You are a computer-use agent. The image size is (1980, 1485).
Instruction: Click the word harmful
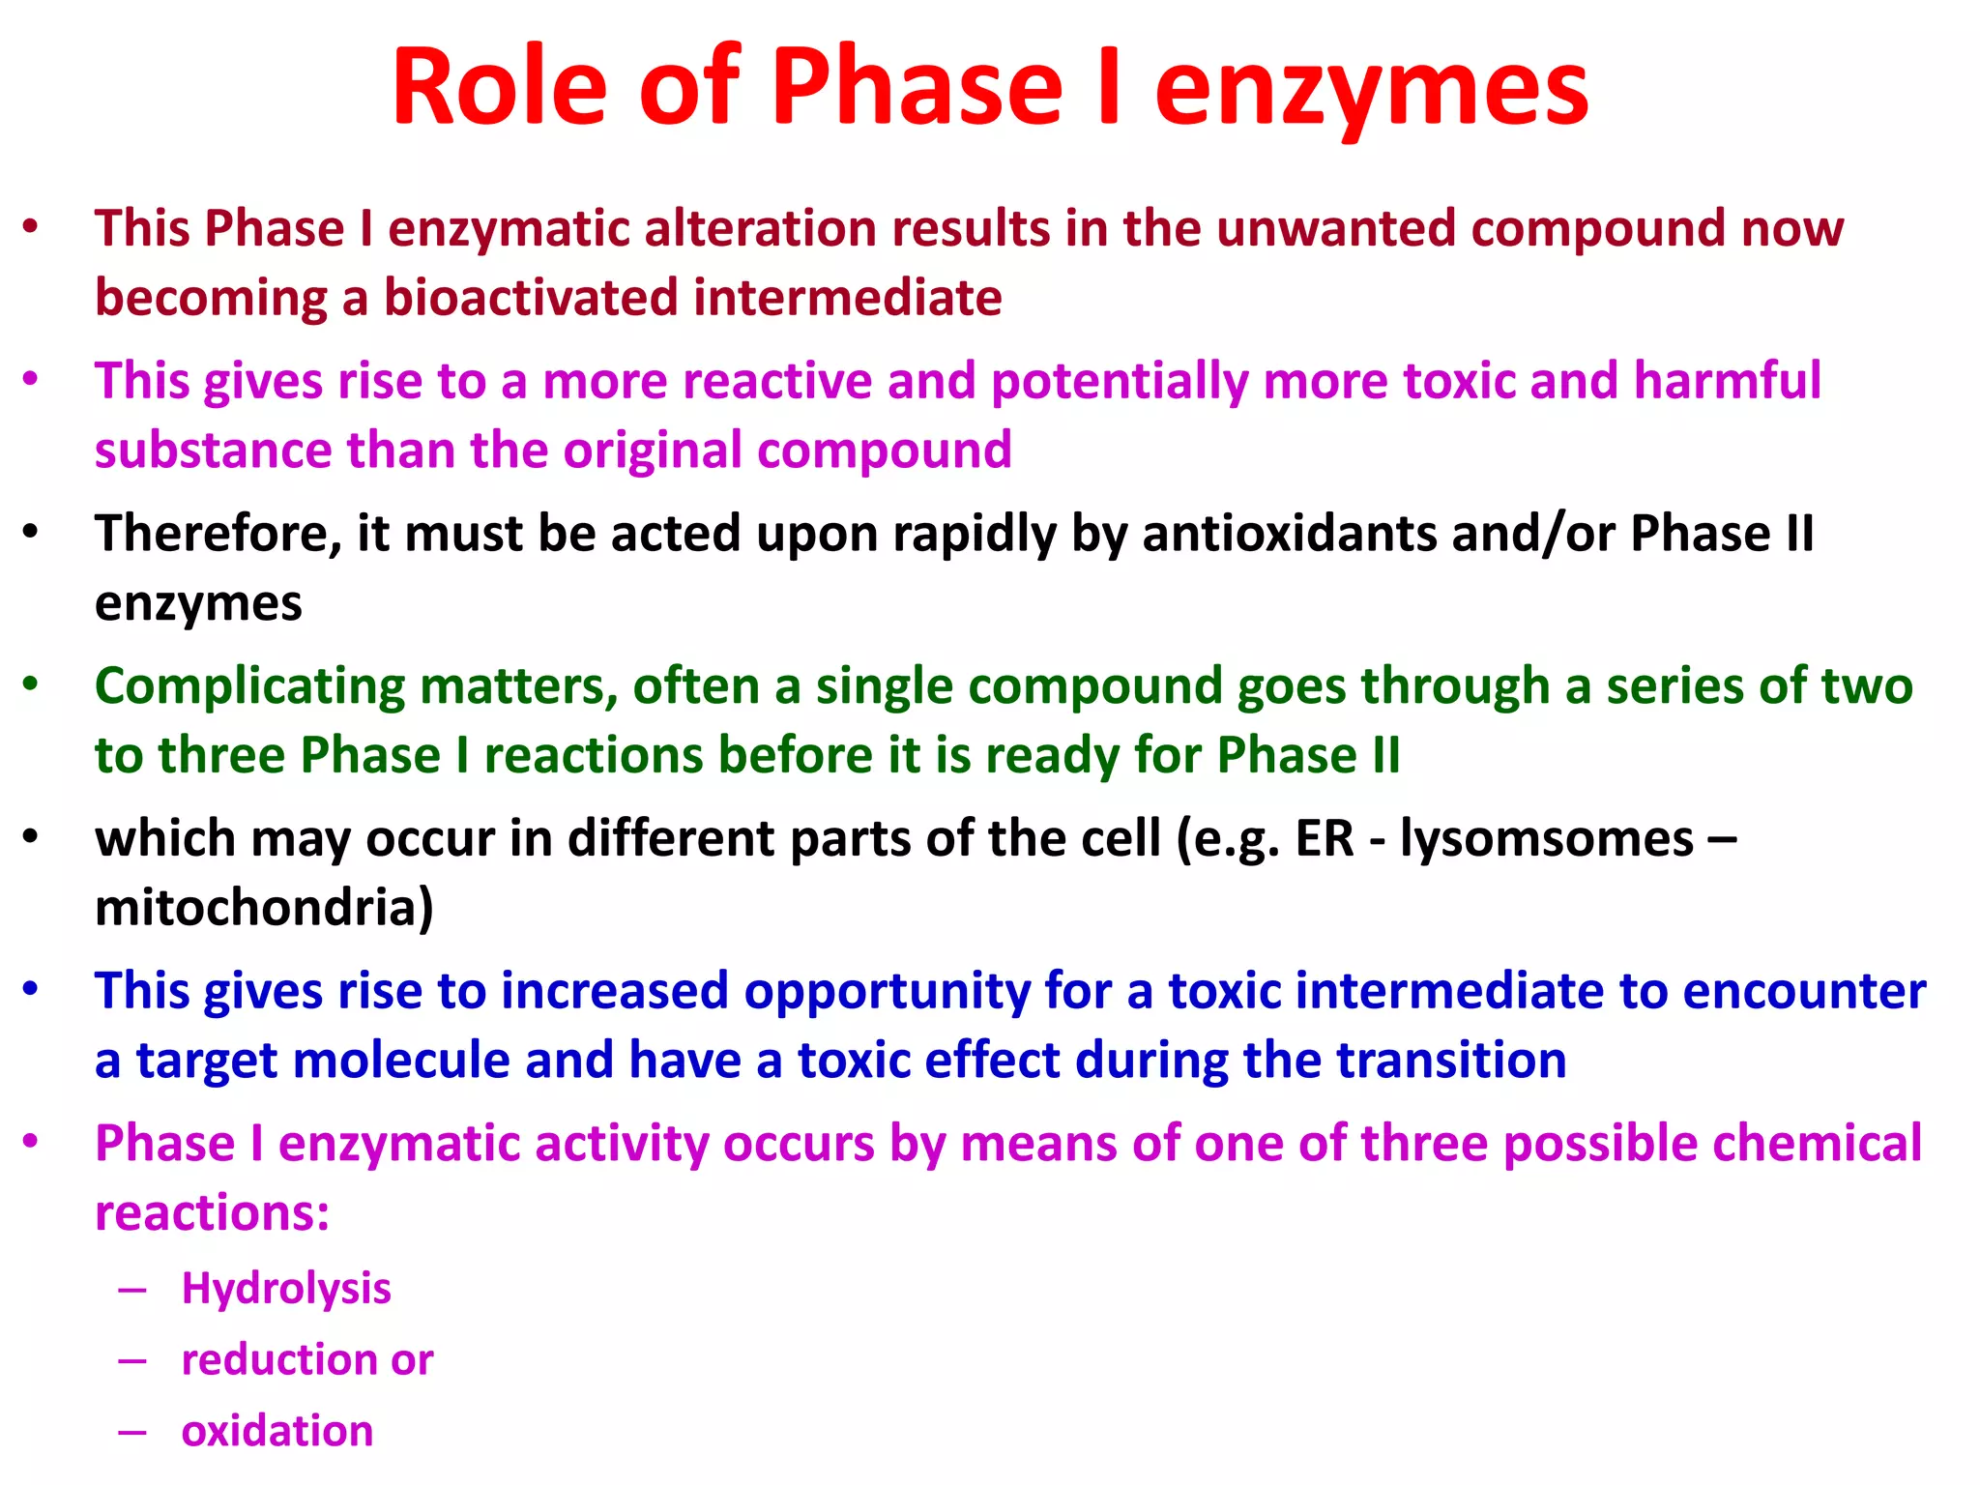pos(1727,380)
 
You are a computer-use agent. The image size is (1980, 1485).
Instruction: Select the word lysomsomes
pos(1546,838)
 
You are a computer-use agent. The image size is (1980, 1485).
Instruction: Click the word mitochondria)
pos(264,908)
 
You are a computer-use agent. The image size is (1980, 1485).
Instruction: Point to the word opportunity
pos(886,992)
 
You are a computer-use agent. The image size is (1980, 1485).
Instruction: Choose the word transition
pos(1451,1061)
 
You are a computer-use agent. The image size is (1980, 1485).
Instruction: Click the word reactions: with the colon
pos(212,1213)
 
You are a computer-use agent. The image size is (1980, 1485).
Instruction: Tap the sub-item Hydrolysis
pos(286,1289)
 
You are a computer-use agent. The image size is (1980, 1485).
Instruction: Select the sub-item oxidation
pos(277,1431)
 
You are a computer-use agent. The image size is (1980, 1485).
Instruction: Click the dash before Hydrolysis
pos(132,1290)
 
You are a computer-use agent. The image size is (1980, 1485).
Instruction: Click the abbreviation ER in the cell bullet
pos(1324,838)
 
